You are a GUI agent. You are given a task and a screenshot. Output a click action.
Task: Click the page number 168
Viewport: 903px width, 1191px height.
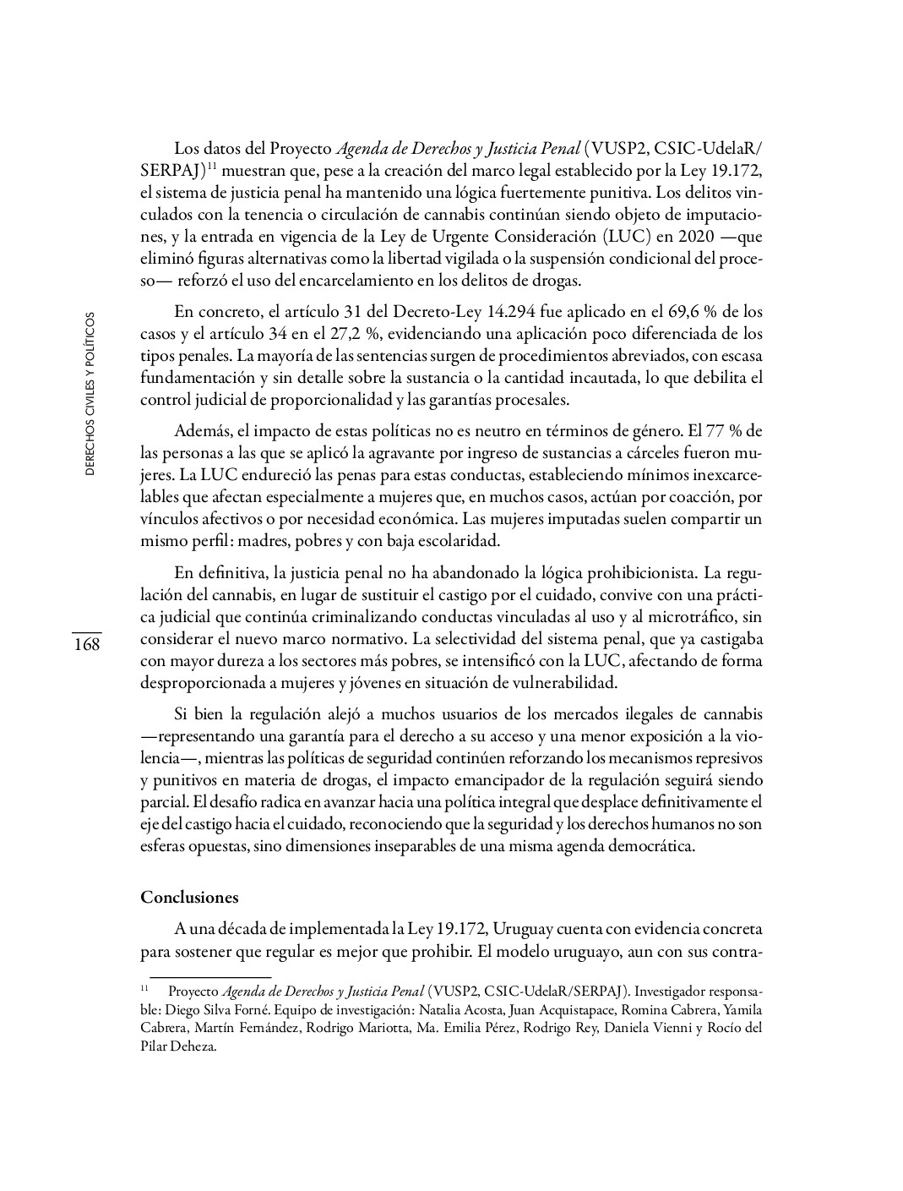tap(86, 645)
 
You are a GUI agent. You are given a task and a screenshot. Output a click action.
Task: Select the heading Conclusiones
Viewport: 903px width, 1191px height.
tap(189, 897)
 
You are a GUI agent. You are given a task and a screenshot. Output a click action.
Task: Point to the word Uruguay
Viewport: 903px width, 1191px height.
tap(524, 929)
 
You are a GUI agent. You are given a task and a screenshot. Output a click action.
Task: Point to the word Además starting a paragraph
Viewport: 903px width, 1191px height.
tap(200, 430)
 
